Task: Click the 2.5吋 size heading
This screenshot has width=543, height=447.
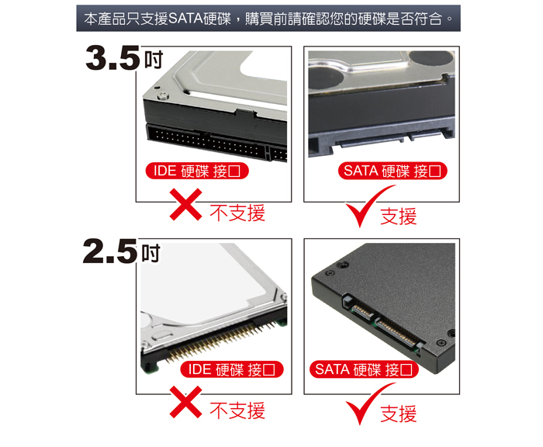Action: click(121, 252)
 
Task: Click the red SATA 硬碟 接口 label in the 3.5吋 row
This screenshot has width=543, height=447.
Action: click(393, 172)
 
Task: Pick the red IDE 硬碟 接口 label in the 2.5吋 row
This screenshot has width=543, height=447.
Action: click(231, 369)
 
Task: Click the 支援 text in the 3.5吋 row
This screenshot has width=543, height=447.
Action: click(399, 216)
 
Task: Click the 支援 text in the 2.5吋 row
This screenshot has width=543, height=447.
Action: click(399, 413)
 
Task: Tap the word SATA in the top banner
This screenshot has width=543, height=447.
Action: click(186, 17)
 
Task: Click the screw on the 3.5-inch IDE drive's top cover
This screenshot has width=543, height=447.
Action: click(157, 98)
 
